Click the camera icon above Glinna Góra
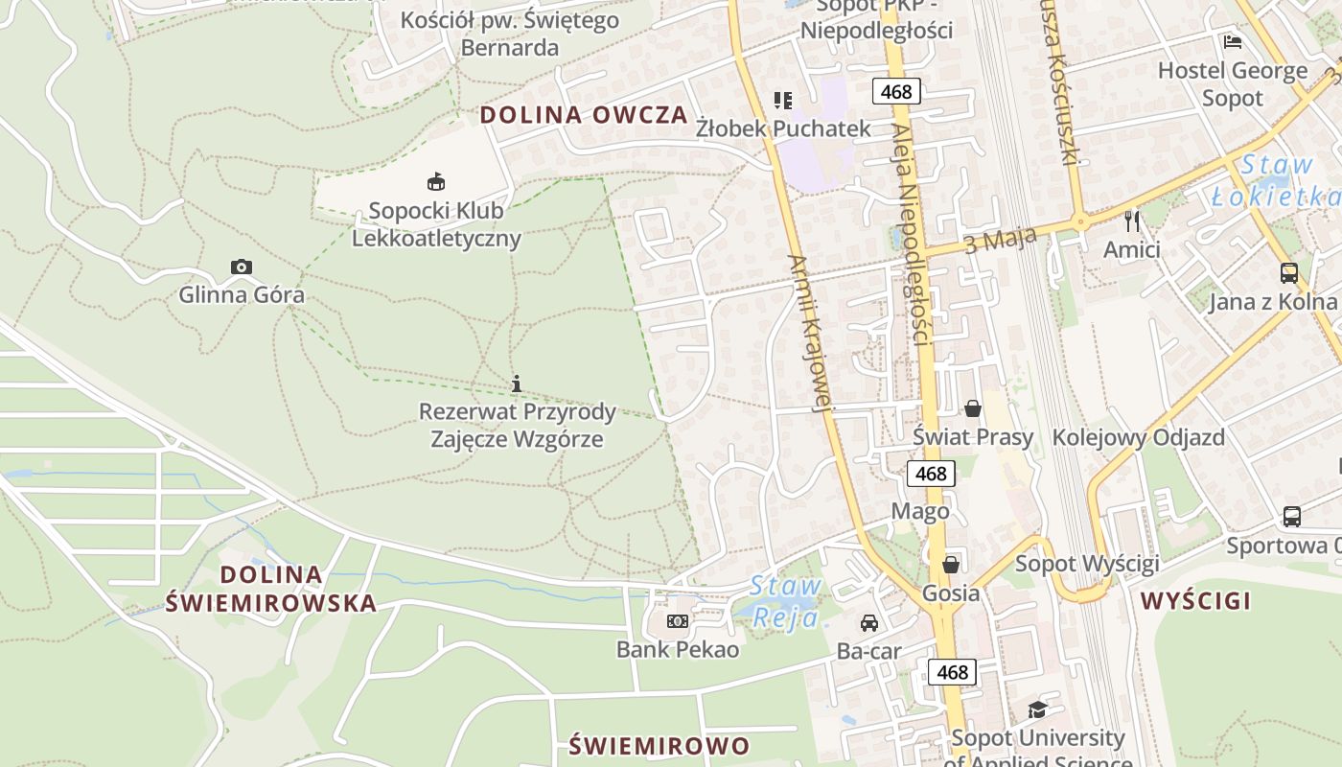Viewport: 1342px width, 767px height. [x=242, y=267]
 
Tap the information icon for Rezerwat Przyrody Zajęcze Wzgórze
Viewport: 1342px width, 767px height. [x=517, y=383]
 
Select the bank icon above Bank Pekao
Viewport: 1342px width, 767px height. [x=678, y=621]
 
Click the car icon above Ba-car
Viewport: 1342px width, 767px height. [x=869, y=623]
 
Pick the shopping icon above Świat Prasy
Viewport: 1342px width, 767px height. [x=973, y=408]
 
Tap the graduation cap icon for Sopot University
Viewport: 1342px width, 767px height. [x=1037, y=709]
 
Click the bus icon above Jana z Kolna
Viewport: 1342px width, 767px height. [x=1289, y=273]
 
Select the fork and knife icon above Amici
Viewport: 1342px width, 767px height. [x=1132, y=221]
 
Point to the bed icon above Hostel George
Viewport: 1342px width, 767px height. [x=1233, y=41]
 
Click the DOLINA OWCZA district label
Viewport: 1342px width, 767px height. [x=584, y=115]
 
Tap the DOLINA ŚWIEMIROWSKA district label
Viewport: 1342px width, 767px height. [x=271, y=589]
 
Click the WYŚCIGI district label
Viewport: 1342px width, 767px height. [x=1195, y=601]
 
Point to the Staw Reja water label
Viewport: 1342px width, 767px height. [x=785, y=601]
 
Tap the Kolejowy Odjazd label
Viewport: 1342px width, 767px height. [x=1138, y=437]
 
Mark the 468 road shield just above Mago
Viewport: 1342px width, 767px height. [x=930, y=473]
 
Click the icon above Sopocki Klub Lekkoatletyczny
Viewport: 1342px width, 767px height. [x=436, y=180]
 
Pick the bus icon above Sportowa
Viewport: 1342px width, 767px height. [x=1292, y=517]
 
